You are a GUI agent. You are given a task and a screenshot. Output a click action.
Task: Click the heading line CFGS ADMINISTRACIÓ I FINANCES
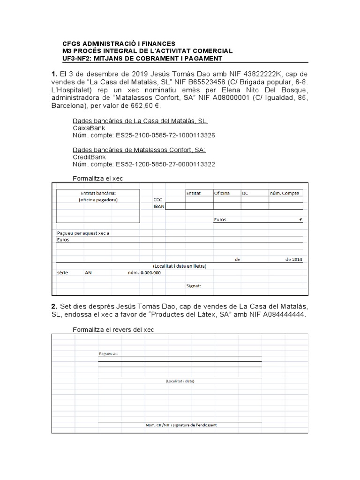(119, 43)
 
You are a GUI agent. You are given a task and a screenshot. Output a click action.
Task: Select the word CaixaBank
(89, 128)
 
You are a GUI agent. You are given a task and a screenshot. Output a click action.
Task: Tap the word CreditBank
(89, 157)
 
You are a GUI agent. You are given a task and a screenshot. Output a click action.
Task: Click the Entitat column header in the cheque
(194, 193)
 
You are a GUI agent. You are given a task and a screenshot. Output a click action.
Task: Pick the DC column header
(245, 193)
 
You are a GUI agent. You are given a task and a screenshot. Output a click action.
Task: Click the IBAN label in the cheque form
(159, 206)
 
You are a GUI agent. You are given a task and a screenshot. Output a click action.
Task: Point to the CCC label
(157, 199)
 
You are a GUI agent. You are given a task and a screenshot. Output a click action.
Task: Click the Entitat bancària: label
(98, 193)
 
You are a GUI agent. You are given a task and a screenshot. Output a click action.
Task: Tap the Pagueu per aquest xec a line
(86, 233)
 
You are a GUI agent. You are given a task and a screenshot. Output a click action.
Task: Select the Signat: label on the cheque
(194, 286)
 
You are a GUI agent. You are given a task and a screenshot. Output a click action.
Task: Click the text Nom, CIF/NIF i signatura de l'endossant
(181, 425)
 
